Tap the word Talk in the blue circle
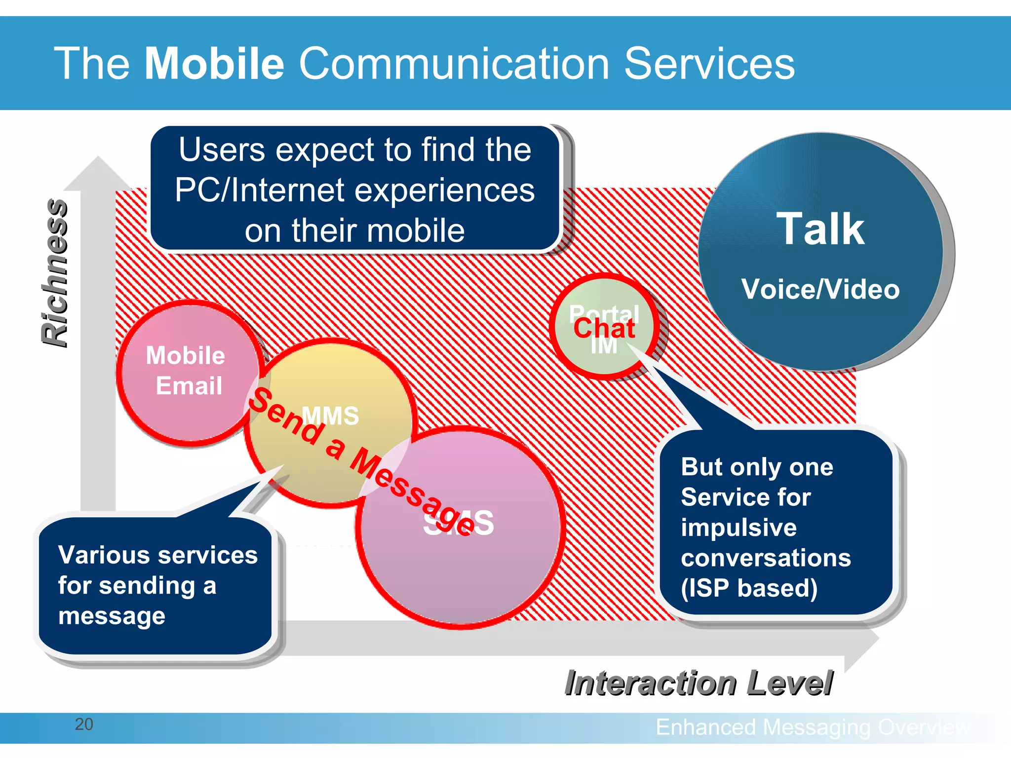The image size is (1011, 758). (x=820, y=229)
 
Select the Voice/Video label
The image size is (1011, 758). (x=820, y=289)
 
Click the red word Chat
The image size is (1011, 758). (x=604, y=329)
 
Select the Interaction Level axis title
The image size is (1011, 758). (x=699, y=683)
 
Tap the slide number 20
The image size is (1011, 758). (x=84, y=724)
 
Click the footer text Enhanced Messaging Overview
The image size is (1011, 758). (x=812, y=727)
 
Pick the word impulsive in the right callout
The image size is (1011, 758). (x=739, y=528)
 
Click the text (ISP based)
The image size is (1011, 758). (x=749, y=588)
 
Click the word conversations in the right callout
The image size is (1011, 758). (x=766, y=558)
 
